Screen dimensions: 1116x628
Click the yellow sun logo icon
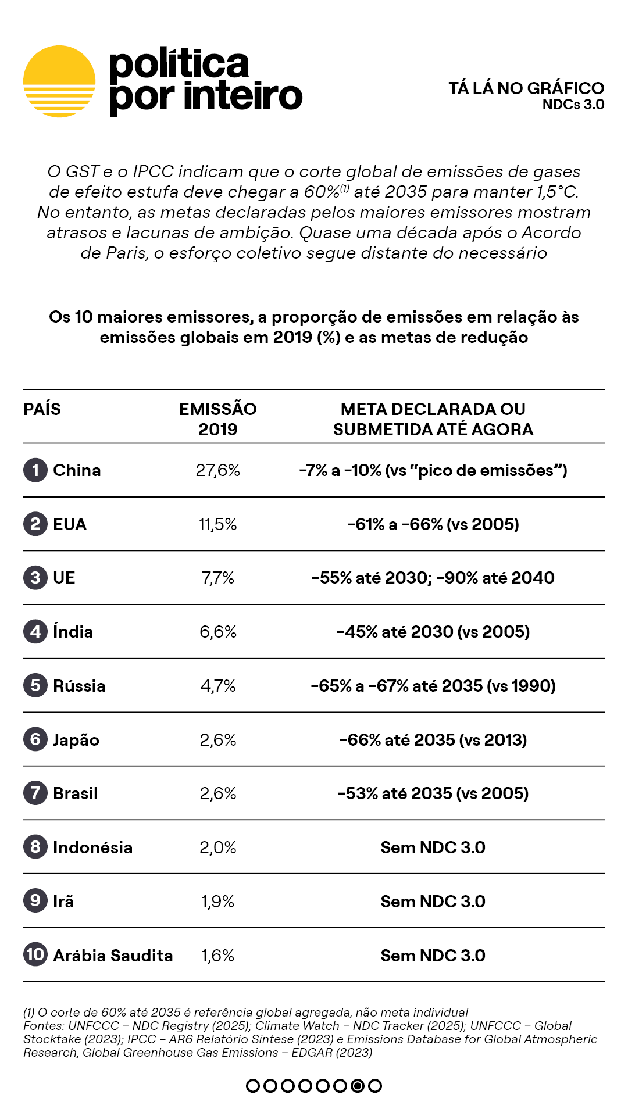[59, 81]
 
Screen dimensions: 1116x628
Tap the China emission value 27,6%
[217, 470]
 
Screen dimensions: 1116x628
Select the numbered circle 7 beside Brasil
[35, 793]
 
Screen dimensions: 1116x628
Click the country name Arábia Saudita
[113, 956]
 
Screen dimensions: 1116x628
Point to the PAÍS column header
[42, 409]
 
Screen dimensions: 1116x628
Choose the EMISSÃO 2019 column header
[217, 419]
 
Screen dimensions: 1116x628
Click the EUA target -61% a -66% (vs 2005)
[433, 524]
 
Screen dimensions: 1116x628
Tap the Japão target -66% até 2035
[433, 740]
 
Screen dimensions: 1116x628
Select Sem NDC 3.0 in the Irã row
[433, 902]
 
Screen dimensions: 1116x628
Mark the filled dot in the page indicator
[358, 1086]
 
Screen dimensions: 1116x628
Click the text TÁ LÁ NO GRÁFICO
[526, 88]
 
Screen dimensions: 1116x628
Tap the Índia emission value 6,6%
[217, 632]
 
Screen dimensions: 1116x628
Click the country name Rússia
[79, 686]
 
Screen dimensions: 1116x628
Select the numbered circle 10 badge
[35, 954]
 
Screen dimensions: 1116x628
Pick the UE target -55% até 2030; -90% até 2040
[433, 578]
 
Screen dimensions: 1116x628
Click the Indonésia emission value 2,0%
[217, 847]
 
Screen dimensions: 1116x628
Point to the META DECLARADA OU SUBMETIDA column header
[433, 419]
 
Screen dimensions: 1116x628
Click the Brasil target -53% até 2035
[433, 793]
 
